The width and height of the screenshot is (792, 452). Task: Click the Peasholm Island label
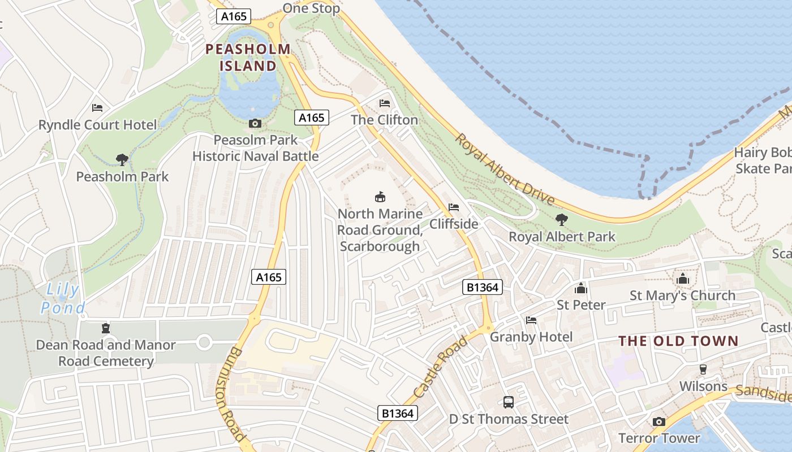pyautogui.click(x=248, y=57)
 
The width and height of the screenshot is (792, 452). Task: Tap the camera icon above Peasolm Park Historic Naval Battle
pyautogui.click(x=255, y=123)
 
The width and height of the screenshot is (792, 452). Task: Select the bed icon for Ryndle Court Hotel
pyautogui.click(x=97, y=107)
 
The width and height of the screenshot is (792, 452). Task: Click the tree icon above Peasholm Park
pyautogui.click(x=122, y=160)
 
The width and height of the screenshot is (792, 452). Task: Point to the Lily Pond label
pyautogui.click(x=63, y=299)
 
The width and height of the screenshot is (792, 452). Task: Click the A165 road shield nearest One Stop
pyautogui.click(x=234, y=16)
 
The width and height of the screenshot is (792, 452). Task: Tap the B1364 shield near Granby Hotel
pyautogui.click(x=483, y=287)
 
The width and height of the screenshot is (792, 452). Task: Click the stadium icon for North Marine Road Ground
pyautogui.click(x=380, y=197)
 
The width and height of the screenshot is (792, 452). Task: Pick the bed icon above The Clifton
pyautogui.click(x=385, y=103)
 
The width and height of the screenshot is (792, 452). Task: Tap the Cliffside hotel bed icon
pyautogui.click(x=454, y=207)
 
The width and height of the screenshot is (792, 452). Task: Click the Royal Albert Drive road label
pyautogui.click(x=505, y=169)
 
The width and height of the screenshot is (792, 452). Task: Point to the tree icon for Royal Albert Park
pyautogui.click(x=562, y=219)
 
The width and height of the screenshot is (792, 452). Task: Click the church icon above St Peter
pyautogui.click(x=581, y=288)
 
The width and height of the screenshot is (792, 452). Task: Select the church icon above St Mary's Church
pyautogui.click(x=683, y=279)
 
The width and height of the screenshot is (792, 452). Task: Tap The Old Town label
pyautogui.click(x=678, y=341)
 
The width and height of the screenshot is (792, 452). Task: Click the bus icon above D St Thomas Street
pyautogui.click(x=509, y=402)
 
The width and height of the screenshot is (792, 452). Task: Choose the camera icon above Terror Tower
pyautogui.click(x=659, y=421)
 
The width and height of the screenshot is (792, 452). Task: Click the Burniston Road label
pyautogui.click(x=230, y=394)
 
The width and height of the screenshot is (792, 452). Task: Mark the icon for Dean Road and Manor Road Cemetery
pyautogui.click(x=105, y=328)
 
